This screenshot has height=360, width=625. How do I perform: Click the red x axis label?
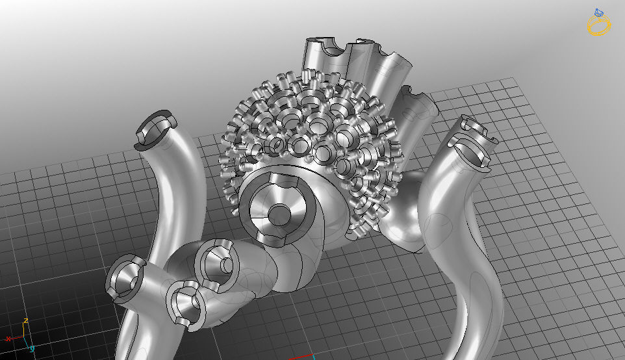tap(8, 339)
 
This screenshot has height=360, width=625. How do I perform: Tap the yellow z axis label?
tap(25, 321)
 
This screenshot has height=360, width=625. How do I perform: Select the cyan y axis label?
tap(31, 349)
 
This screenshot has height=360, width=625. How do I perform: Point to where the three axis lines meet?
tap(24, 339)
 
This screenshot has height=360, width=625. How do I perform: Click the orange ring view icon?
tap(598, 25)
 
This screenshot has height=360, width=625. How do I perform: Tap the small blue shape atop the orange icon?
tap(598, 12)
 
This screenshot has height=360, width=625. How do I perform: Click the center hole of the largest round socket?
tap(280, 213)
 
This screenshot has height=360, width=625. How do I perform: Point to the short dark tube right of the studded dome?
tap(411, 107)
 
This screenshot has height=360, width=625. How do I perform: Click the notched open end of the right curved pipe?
tap(473, 138)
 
